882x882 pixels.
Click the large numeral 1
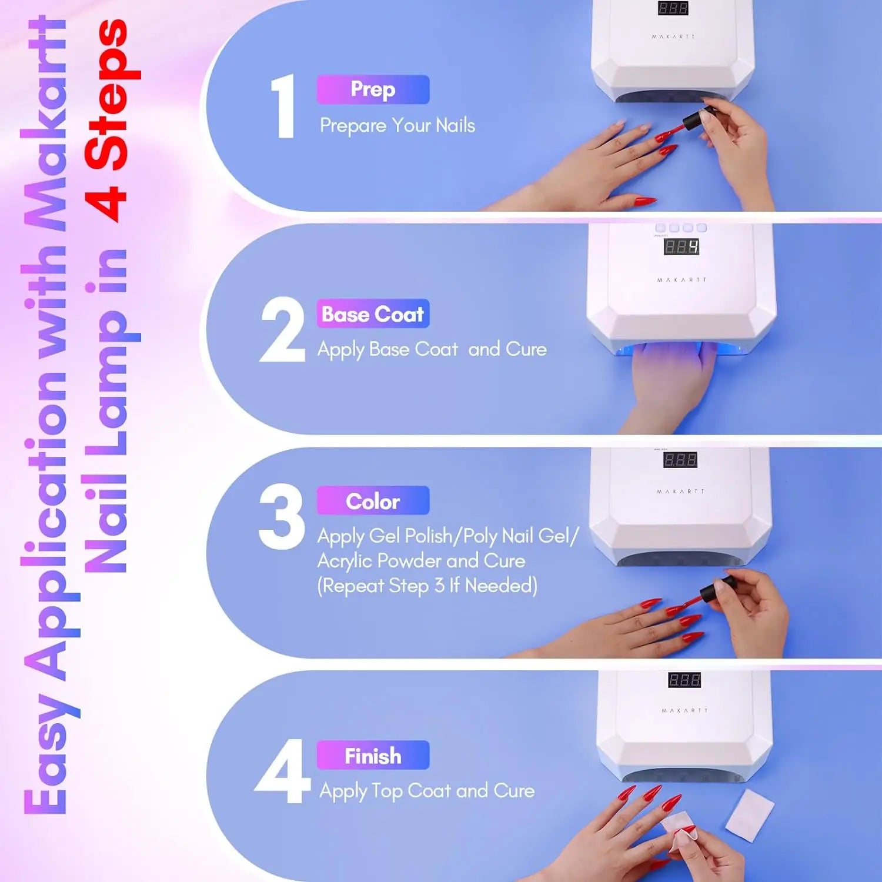(x=283, y=106)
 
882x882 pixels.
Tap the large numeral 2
(x=282, y=329)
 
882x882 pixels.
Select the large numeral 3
(x=282, y=517)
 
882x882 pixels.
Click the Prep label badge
(x=373, y=89)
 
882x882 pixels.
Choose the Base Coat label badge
(x=373, y=314)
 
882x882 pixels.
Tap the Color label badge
(x=373, y=501)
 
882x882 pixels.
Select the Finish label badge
(x=373, y=756)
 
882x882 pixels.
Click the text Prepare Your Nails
(x=397, y=126)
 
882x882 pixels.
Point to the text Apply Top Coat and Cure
(x=427, y=791)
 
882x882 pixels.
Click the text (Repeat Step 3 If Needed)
(x=427, y=586)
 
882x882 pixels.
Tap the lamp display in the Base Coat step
(x=681, y=246)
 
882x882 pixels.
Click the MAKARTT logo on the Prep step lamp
(x=673, y=36)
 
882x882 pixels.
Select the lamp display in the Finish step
(x=684, y=680)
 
